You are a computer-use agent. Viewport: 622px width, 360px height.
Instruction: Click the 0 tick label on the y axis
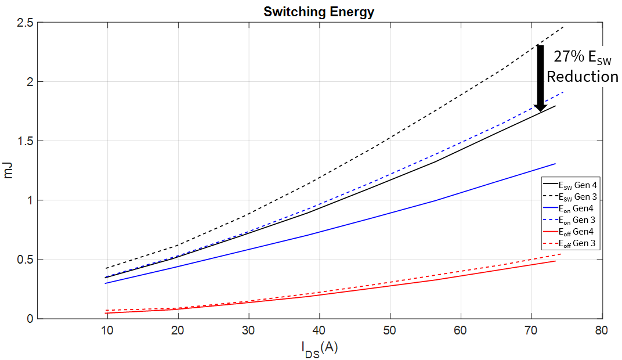(x=31, y=319)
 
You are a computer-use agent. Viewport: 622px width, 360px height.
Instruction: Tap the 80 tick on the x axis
(x=602, y=331)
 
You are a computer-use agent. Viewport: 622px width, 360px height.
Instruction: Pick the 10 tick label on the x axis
(x=107, y=331)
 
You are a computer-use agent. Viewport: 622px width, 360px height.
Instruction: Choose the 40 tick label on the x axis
(x=319, y=331)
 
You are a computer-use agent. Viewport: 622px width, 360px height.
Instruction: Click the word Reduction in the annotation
(x=582, y=77)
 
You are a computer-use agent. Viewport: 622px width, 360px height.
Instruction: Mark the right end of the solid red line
(x=556, y=261)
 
